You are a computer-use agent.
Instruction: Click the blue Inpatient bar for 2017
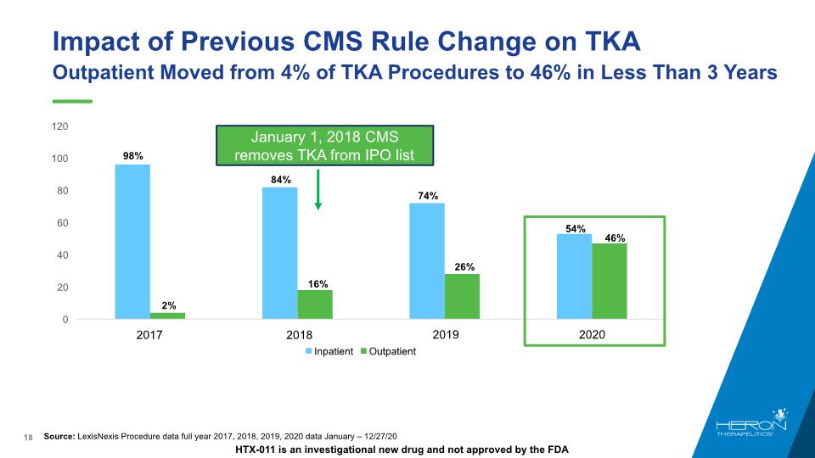[132, 242]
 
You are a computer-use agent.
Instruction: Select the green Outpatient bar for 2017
[167, 316]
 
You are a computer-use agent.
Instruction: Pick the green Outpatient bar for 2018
[315, 304]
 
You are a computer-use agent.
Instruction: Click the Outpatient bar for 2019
[462, 297]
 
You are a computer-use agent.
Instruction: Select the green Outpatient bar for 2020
[609, 282]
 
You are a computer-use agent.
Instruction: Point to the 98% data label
[132, 156]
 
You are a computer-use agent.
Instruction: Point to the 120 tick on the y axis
[59, 126]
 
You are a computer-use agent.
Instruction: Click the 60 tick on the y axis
[63, 223]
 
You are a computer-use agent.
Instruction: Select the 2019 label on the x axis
[445, 335]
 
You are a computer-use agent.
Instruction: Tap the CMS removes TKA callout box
[324, 145]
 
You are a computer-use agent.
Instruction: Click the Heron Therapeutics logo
[751, 428]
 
